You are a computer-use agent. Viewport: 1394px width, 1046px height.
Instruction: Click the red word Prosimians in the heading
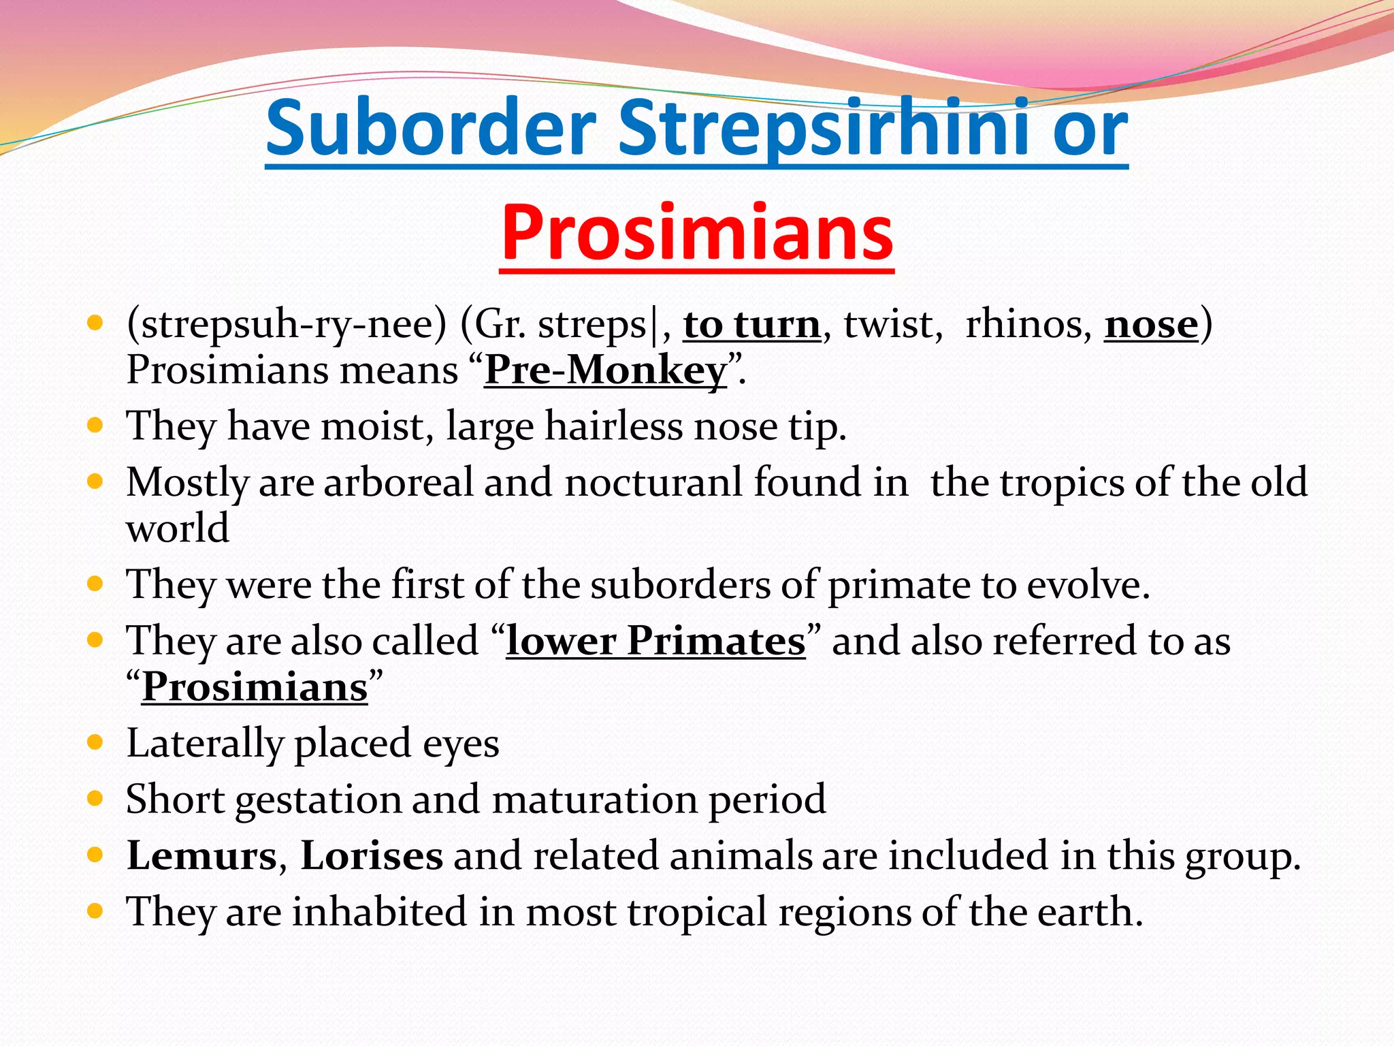[696, 233]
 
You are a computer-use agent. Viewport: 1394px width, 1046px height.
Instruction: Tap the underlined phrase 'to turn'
[751, 324]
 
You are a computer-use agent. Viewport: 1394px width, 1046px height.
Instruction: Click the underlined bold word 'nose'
[1150, 324]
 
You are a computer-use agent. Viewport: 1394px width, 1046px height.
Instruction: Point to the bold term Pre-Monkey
[605, 370]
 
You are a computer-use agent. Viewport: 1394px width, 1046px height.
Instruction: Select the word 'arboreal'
[398, 482]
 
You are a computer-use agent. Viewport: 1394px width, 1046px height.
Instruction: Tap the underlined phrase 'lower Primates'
[655, 641]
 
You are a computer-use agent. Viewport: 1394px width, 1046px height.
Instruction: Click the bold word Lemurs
[202, 855]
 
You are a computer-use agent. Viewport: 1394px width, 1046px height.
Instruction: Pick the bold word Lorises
[372, 855]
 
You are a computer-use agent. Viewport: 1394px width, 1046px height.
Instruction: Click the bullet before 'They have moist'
[95, 426]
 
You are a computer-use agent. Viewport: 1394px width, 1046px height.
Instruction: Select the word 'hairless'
[613, 426]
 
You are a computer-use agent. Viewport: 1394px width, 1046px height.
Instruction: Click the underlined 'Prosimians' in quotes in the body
[255, 687]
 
